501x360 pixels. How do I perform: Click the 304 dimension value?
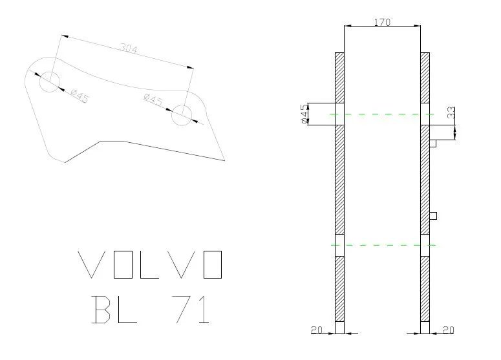(129, 48)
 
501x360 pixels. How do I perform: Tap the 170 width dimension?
(382, 22)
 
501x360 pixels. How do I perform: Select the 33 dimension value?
(451, 112)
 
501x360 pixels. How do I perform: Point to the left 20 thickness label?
(317, 330)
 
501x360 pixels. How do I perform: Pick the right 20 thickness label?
(448, 330)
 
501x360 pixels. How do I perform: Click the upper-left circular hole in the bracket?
(50, 82)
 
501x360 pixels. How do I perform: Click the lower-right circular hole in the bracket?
(182, 115)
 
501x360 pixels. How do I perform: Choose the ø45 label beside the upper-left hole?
(80, 96)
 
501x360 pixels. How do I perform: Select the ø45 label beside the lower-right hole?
(153, 100)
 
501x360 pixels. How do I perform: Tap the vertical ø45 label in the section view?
(305, 114)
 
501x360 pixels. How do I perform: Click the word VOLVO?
(150, 264)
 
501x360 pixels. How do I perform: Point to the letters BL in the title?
(114, 309)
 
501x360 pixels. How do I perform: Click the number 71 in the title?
(191, 309)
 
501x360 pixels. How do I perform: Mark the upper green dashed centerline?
(382, 114)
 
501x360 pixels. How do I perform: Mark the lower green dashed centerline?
(384, 245)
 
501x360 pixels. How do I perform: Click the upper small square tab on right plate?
(433, 143)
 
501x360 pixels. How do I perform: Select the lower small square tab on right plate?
(433, 216)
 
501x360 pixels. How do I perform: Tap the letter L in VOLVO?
(149, 264)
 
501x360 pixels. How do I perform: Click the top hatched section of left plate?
(339, 78)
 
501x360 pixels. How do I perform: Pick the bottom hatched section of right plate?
(425, 289)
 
